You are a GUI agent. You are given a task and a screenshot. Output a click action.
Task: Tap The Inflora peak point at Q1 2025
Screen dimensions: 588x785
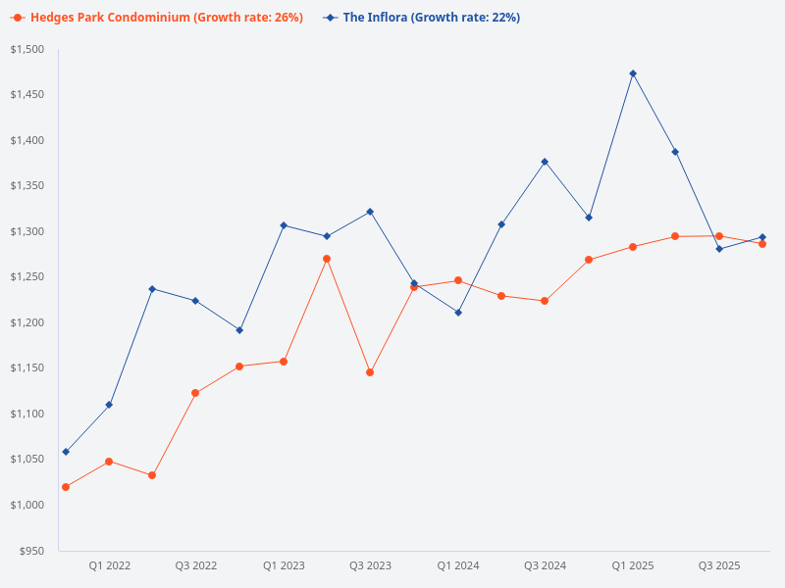coord(633,73)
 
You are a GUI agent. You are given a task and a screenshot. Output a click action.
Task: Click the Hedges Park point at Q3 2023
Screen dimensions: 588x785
coord(370,372)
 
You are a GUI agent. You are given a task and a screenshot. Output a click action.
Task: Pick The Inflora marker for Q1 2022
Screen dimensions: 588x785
coord(109,405)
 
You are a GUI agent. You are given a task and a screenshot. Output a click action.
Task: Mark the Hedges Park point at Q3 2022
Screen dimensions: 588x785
coord(195,393)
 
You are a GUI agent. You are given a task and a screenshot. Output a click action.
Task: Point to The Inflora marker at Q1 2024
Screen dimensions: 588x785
coord(458,313)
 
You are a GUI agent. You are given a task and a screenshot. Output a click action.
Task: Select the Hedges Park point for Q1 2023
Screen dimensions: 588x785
coord(283,362)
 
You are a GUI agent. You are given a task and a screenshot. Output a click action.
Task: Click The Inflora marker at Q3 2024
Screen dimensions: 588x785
coord(545,162)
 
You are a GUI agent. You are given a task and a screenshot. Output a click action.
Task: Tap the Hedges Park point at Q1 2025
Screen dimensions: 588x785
coord(633,247)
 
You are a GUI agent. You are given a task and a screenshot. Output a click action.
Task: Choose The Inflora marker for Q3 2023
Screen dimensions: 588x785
coord(370,212)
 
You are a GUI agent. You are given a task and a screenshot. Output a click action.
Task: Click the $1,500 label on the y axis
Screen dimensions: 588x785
coord(26,50)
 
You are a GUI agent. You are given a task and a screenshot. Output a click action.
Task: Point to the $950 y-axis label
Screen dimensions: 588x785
coord(32,551)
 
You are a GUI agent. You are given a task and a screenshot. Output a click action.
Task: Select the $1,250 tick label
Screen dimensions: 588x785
coord(26,277)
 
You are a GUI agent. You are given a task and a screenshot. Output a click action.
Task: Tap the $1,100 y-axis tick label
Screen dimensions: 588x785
coord(26,415)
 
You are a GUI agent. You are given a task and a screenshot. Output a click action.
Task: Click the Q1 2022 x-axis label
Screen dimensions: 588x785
coord(110,565)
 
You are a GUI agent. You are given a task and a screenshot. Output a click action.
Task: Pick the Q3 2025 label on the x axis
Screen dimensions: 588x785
coord(719,565)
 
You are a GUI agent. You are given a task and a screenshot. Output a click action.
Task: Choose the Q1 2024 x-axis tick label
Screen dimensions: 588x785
coord(458,565)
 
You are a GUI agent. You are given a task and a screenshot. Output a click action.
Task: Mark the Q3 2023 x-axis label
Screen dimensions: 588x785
coord(370,565)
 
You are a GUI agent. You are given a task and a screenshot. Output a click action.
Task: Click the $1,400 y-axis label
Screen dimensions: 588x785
coord(26,141)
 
